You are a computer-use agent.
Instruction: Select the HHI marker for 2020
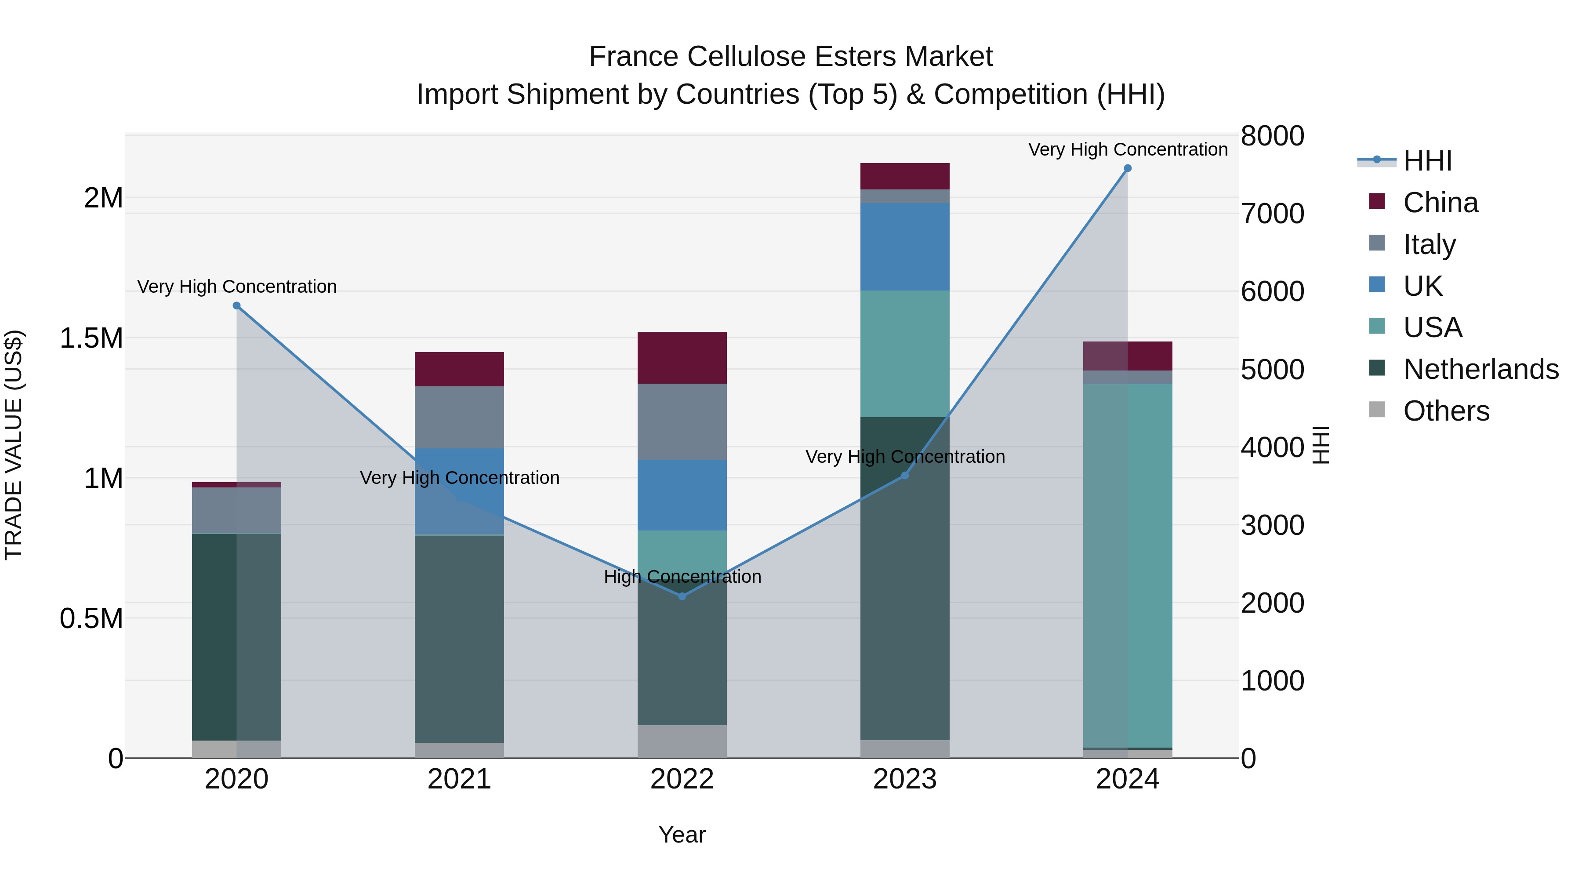(x=236, y=306)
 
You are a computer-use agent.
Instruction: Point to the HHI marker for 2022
(x=682, y=596)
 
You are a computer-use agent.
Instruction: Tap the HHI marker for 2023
(x=905, y=476)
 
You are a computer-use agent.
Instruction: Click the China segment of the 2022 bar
(x=682, y=357)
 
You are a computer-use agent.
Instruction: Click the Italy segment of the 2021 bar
(x=459, y=417)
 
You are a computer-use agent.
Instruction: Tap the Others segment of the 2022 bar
(x=682, y=741)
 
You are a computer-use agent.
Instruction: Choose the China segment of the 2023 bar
(x=905, y=176)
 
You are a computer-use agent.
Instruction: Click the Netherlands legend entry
(x=1480, y=369)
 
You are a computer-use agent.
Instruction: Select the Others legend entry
(x=1446, y=411)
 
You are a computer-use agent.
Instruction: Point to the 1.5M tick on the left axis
(x=91, y=338)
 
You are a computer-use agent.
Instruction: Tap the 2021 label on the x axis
(x=459, y=779)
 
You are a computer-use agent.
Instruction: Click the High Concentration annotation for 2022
(x=682, y=577)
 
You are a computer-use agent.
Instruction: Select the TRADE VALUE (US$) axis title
(x=14, y=445)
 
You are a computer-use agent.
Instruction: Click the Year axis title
(x=682, y=835)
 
